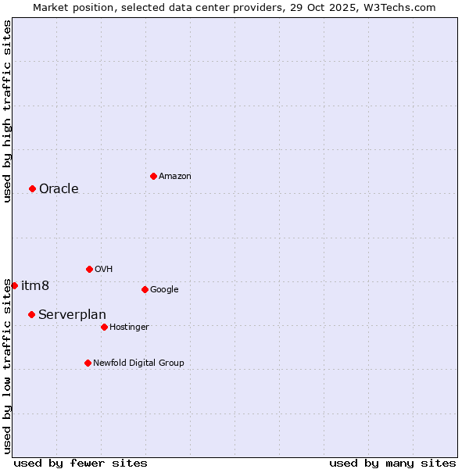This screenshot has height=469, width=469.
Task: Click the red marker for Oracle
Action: click(32, 188)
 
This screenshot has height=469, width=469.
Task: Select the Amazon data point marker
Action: click(153, 176)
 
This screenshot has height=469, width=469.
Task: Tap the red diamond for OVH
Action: click(89, 269)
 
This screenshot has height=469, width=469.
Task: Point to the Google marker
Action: click(145, 289)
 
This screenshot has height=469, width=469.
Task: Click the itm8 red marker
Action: click(14, 285)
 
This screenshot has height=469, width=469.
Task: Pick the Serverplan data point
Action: click(31, 314)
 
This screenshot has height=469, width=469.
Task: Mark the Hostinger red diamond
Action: click(104, 327)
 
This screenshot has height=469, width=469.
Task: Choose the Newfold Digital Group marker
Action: click(88, 363)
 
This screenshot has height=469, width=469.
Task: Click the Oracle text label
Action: click(59, 188)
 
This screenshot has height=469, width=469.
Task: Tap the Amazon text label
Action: click(175, 177)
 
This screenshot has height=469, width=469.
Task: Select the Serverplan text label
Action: click(72, 314)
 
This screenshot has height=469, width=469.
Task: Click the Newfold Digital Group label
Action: click(138, 363)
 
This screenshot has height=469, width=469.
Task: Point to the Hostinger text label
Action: click(129, 327)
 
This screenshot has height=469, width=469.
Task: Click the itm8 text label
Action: click(35, 285)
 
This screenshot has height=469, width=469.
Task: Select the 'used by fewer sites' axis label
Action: click(81, 463)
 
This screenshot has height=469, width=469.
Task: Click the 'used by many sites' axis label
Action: click(392, 463)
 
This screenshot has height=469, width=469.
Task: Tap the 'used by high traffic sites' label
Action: click(7, 111)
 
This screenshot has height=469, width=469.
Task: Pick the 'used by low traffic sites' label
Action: click(7, 366)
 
